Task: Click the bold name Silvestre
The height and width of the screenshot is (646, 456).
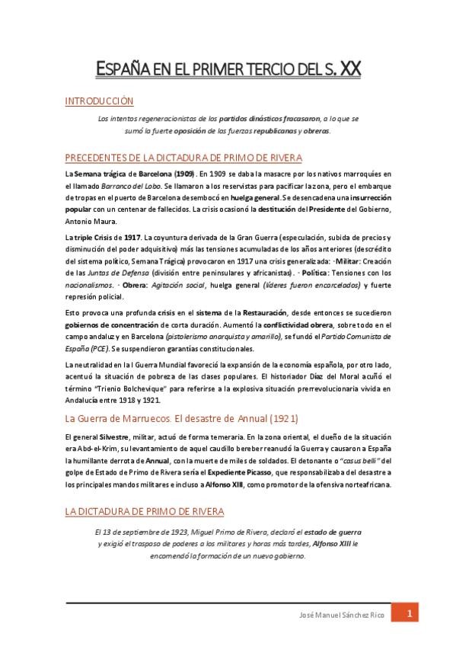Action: pos(113,436)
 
